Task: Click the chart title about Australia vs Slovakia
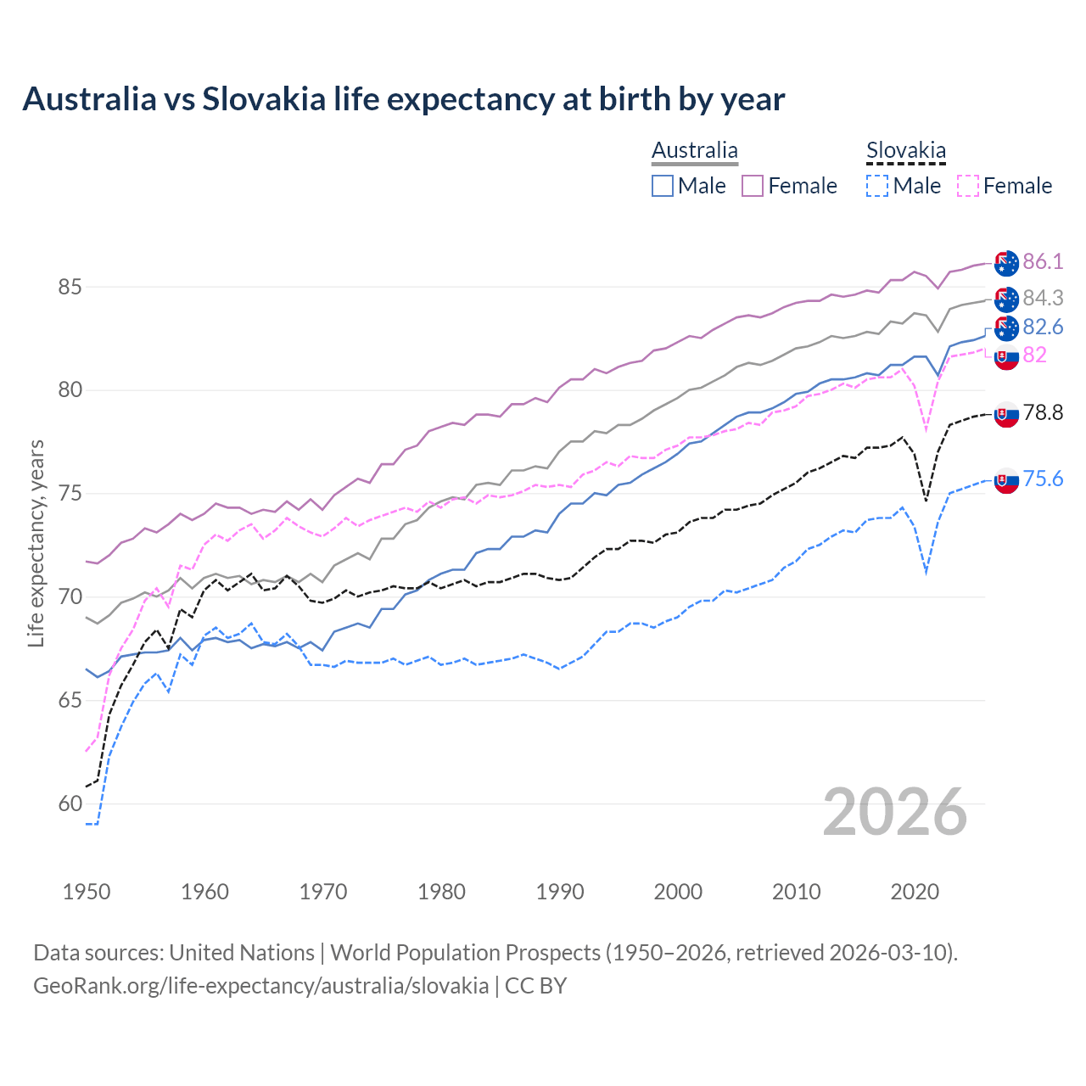[404, 99]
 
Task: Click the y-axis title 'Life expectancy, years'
[36, 543]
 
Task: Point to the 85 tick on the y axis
[70, 288]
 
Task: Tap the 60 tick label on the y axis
[70, 803]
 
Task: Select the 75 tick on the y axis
[70, 494]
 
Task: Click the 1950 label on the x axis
[87, 892]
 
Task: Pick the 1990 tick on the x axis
[560, 892]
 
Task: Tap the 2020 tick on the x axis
[915, 892]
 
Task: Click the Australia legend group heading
[695, 151]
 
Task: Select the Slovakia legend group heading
[905, 151]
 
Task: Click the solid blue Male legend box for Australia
[663, 186]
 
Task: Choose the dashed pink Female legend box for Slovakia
[967, 186]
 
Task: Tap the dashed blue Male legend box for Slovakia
[877, 186]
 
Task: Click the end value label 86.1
[1043, 261]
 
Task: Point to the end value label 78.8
[1043, 413]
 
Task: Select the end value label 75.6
[1043, 479]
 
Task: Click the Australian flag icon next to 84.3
[1006, 299]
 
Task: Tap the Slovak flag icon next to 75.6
[1006, 480]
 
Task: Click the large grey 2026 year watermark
[895, 812]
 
